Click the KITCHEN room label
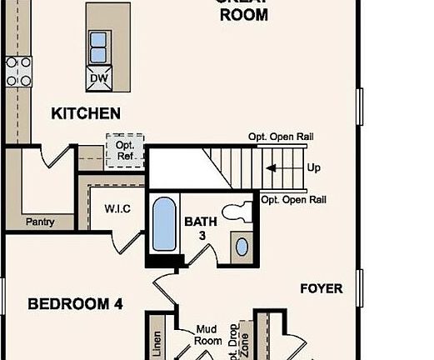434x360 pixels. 86,113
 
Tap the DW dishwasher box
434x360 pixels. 98,79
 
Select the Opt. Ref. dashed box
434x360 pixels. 124,151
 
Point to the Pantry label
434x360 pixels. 40,222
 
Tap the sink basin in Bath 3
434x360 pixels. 241,247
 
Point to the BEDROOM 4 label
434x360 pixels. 75,304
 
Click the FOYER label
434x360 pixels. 321,288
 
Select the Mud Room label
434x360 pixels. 208,335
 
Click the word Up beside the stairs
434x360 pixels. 314,167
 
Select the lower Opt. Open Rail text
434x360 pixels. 293,199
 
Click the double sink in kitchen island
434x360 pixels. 98,47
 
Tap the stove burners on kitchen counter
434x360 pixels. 17,71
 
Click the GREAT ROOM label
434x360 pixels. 242,10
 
